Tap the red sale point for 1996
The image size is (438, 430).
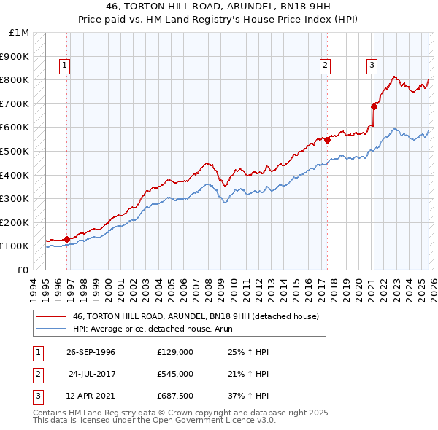click(67, 238)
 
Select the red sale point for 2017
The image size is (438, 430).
click(327, 140)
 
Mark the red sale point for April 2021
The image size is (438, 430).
click(374, 106)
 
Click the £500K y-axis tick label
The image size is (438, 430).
click(15, 151)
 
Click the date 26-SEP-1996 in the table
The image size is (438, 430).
click(91, 352)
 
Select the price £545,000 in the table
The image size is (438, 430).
click(175, 374)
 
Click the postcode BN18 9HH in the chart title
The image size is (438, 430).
click(288, 7)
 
